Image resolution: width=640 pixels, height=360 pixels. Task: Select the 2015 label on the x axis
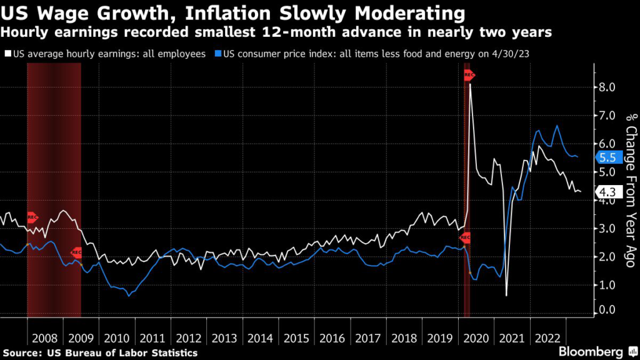pyautogui.click(x=296, y=338)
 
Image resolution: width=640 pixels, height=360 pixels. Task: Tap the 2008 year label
pyautogui.click(x=45, y=338)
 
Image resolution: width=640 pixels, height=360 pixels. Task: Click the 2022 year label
pyautogui.click(x=547, y=338)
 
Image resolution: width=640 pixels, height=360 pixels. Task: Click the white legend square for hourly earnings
pyautogui.click(x=6, y=54)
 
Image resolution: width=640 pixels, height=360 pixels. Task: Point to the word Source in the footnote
pyautogui.click(x=22, y=353)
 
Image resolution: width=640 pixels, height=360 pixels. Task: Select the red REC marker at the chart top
pyautogui.click(x=469, y=76)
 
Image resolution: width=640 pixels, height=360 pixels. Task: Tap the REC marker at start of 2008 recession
pyautogui.click(x=32, y=217)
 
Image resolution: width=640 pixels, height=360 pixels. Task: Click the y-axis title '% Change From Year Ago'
pyautogui.click(x=631, y=190)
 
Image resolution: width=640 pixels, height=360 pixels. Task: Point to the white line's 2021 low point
pyautogui.click(x=506, y=295)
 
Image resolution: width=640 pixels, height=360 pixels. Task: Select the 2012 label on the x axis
pyautogui.click(x=189, y=338)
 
